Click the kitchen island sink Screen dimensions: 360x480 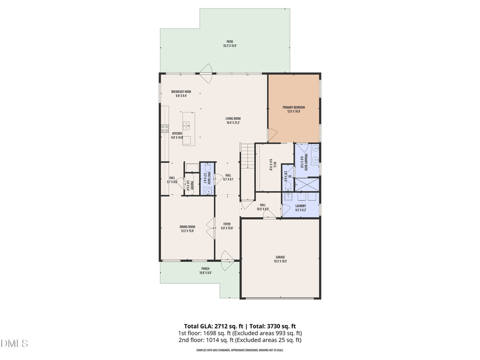pyautogui.click(x=187, y=126)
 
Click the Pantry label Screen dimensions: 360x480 pyautogui.click(x=189, y=185)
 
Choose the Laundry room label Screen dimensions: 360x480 pyautogui.click(x=300, y=207)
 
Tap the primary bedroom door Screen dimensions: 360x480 pyautogui.click(x=271, y=137)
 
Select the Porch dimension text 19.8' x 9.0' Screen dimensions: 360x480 pyautogui.click(x=205, y=273)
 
